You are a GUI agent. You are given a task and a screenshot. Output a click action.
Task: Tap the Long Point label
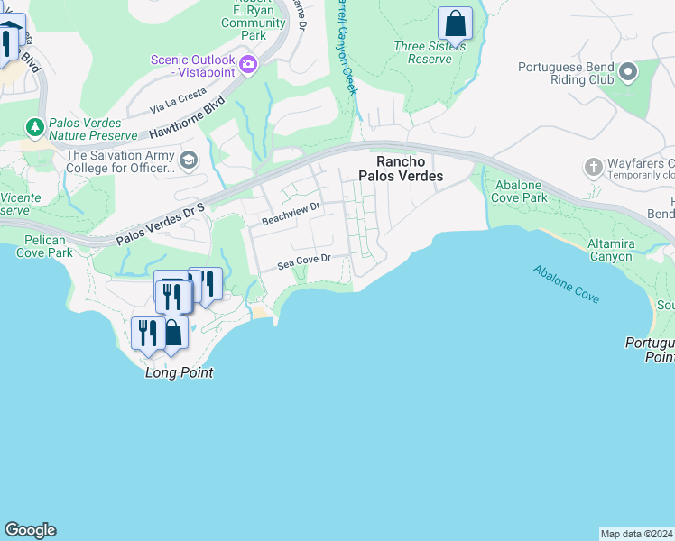(180, 372)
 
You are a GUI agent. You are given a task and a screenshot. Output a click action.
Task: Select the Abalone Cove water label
(567, 284)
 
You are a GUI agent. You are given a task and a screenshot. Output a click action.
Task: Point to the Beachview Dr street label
(291, 214)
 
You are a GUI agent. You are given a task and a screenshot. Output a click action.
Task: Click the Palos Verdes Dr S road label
(162, 225)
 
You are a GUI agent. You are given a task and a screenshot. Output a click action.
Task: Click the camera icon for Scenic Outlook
(247, 64)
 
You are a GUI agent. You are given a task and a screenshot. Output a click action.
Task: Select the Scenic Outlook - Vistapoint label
(192, 64)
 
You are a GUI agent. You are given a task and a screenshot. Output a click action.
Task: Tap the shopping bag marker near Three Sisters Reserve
(456, 24)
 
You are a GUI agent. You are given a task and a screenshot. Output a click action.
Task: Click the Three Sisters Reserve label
(422, 52)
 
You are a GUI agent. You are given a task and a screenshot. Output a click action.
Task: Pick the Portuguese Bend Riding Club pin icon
(628, 71)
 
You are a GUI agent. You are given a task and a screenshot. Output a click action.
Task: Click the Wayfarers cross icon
(593, 167)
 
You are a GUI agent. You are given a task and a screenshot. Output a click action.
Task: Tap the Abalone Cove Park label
(521, 190)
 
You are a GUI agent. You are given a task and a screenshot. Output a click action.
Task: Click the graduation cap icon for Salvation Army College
(188, 160)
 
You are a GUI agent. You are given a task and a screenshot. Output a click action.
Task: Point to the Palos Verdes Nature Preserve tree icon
(35, 128)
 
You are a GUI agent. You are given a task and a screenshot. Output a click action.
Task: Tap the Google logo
(30, 530)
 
